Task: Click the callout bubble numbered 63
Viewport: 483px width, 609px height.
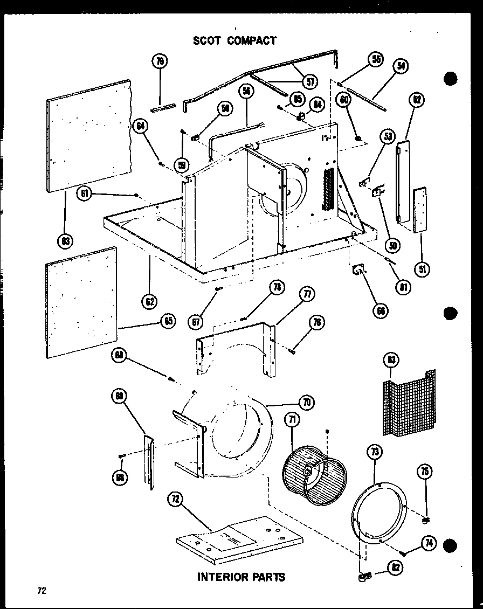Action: pos(66,241)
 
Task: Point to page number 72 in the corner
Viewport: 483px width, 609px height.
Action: pos(42,591)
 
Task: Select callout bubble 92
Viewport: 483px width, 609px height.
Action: pos(417,99)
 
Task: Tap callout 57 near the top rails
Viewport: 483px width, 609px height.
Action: pos(310,82)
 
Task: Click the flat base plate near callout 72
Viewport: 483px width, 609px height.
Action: pos(237,539)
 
